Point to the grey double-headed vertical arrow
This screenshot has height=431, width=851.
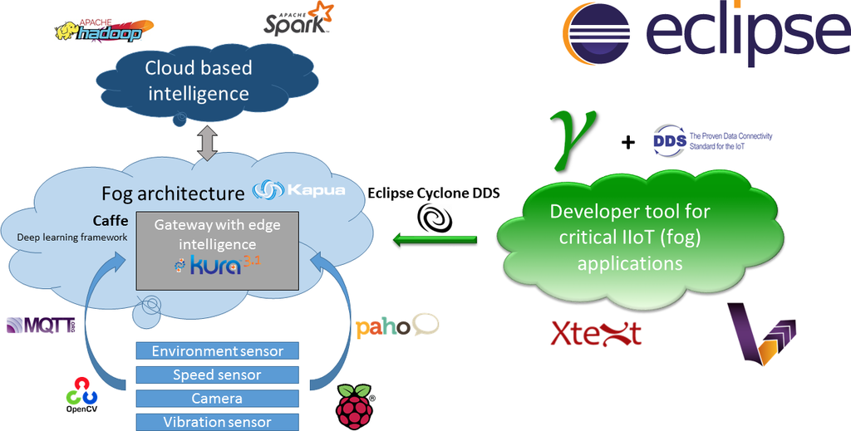click(207, 144)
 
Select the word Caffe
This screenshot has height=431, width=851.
click(111, 221)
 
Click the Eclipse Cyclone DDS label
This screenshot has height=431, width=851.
click(434, 193)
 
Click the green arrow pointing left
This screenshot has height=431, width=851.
click(435, 241)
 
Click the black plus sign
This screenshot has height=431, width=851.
click(627, 143)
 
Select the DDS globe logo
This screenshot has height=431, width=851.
click(669, 140)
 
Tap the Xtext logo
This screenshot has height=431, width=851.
click(596, 333)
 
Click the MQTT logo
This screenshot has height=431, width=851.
click(41, 326)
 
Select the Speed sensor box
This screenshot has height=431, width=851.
click(217, 375)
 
